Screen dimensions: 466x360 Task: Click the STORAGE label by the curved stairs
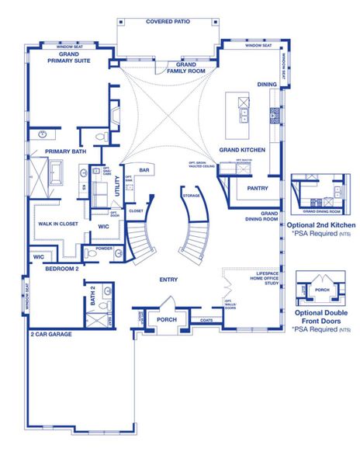coord(191,196)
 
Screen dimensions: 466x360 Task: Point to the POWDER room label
coord(104,250)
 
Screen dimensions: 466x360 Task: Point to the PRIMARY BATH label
coord(64,151)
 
